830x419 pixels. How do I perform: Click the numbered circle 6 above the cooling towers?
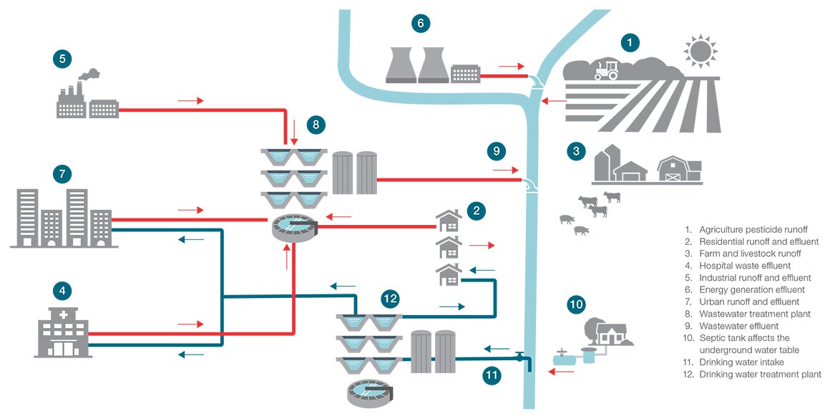pyautogui.click(x=421, y=24)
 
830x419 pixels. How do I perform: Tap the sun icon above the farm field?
pyautogui.click(x=699, y=52)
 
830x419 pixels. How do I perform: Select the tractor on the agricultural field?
pyautogui.click(x=605, y=69)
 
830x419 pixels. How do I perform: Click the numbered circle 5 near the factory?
pyautogui.click(x=62, y=59)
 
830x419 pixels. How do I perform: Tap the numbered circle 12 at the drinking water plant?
pyautogui.click(x=390, y=298)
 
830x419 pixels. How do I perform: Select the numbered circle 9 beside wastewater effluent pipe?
pyautogui.click(x=496, y=151)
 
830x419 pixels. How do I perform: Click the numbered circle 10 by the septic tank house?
pyautogui.click(x=576, y=304)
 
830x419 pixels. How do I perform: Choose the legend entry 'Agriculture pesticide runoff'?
pyautogui.click(x=753, y=229)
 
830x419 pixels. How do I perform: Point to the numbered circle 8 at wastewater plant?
pyautogui.click(x=316, y=124)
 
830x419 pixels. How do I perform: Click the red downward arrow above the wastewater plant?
pyautogui.click(x=294, y=130)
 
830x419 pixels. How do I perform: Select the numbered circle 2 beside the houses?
pyautogui.click(x=476, y=211)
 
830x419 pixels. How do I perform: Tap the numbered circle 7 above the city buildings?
pyautogui.click(x=62, y=173)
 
